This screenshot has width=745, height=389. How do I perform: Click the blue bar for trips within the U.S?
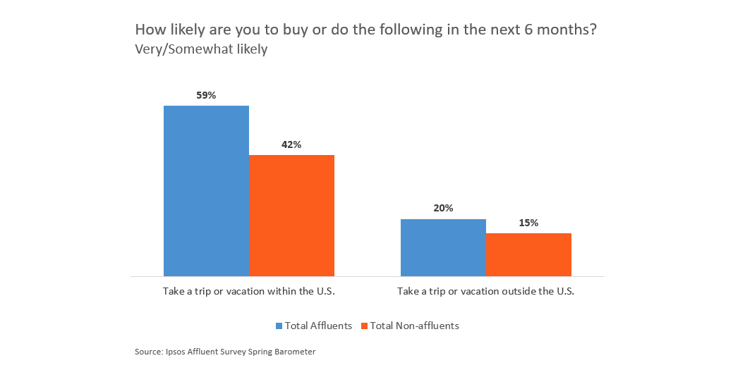pos(206,190)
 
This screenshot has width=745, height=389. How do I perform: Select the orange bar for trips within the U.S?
pos(291,215)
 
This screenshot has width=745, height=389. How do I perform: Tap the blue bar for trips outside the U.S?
pos(443,247)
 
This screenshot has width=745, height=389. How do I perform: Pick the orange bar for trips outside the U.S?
pos(528,254)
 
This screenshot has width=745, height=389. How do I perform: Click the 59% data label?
pos(206,95)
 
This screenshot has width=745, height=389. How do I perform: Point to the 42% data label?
pos(291,144)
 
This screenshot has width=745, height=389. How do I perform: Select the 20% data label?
pos(443,209)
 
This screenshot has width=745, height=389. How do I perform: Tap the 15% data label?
pos(528,223)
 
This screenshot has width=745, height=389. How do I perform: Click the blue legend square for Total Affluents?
pos(279,326)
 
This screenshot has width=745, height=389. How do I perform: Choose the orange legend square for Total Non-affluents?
pos(364,326)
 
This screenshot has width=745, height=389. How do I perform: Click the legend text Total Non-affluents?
pos(415,326)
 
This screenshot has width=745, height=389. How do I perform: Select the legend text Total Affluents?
pos(320,326)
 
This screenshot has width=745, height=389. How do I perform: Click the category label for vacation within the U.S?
pos(248,291)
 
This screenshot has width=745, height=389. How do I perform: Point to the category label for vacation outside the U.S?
pos(485,291)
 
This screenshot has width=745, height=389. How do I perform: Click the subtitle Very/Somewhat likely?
pos(201,50)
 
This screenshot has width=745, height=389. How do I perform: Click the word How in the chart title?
pos(148,31)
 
